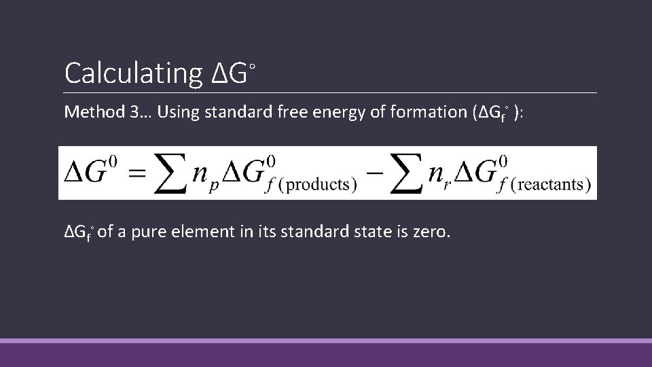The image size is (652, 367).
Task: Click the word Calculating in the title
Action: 133,73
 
